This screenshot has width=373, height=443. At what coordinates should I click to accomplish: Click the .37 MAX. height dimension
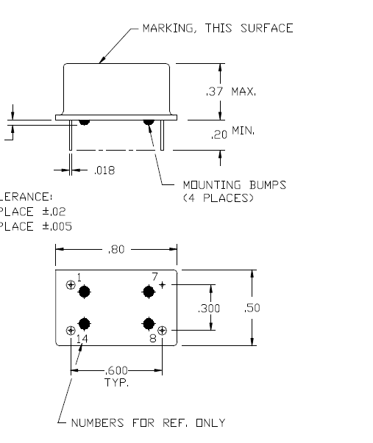(x=231, y=92)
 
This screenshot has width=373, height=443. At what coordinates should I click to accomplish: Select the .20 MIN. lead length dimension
(x=232, y=132)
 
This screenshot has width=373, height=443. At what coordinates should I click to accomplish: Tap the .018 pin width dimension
(x=104, y=170)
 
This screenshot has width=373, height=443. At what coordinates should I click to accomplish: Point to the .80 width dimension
(x=116, y=250)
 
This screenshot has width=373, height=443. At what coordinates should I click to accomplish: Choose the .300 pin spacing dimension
(x=209, y=309)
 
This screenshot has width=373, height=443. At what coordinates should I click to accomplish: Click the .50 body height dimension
(x=252, y=308)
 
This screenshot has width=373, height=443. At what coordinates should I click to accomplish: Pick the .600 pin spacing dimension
(x=116, y=370)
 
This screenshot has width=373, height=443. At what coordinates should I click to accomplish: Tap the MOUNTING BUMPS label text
(x=235, y=185)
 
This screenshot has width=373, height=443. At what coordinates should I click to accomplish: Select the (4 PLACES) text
(x=219, y=198)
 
